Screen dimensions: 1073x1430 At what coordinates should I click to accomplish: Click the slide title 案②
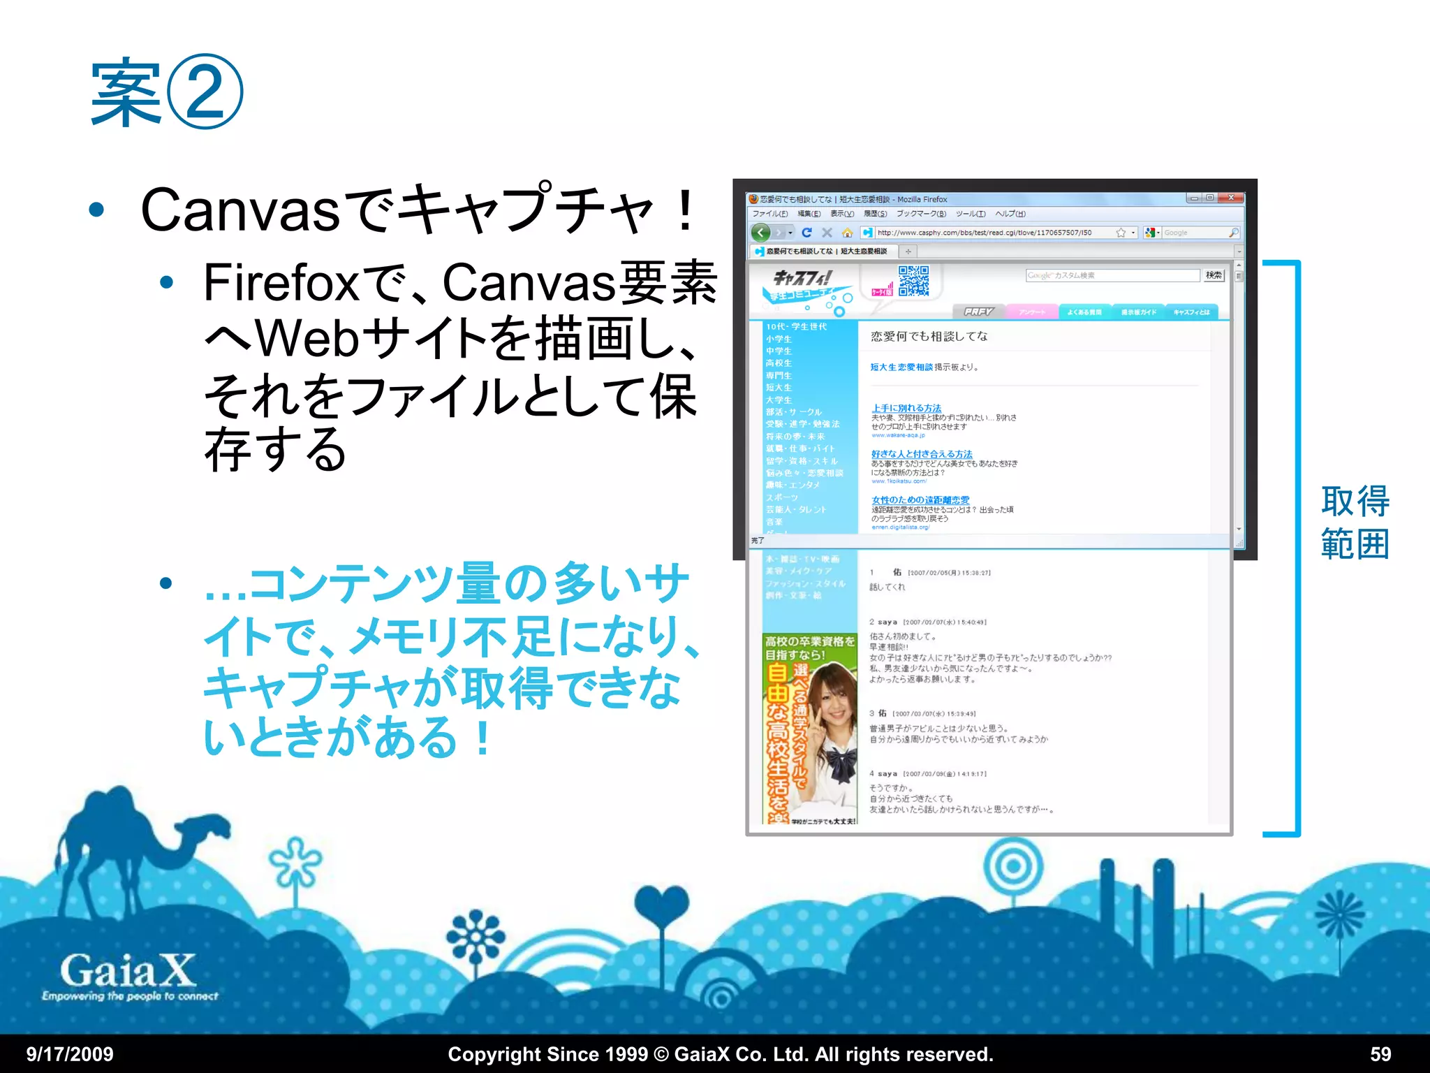point(166,92)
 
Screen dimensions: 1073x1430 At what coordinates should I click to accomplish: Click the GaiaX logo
point(128,971)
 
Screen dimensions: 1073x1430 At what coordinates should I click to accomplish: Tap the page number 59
point(1380,1054)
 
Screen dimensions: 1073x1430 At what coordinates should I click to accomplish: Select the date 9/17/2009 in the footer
point(70,1054)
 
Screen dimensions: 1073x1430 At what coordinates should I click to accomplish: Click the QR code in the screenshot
point(913,281)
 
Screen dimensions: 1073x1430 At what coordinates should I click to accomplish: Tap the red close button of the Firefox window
point(1231,198)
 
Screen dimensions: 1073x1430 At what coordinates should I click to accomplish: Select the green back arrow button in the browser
point(761,233)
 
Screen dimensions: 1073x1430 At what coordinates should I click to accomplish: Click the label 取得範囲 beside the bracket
point(1355,522)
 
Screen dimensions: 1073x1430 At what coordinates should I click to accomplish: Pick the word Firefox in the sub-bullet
point(281,283)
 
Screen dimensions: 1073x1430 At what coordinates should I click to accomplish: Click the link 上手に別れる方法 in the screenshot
point(906,408)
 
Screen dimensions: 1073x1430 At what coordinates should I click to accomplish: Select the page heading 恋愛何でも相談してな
point(929,336)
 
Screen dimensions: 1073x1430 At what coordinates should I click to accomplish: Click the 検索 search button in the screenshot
point(1214,275)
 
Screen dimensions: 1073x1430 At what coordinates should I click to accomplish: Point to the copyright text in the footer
point(720,1054)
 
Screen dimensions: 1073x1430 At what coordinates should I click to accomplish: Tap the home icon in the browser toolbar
point(847,233)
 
